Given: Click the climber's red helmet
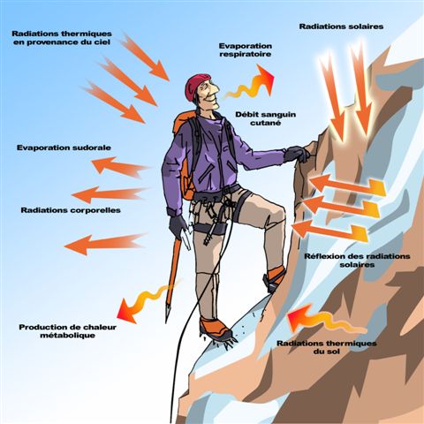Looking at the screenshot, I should (x=198, y=86).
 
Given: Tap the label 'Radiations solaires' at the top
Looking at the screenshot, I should (x=341, y=26).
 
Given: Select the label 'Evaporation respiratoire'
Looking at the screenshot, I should (x=245, y=48).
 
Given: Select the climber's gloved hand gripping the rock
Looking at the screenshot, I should (x=297, y=155).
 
